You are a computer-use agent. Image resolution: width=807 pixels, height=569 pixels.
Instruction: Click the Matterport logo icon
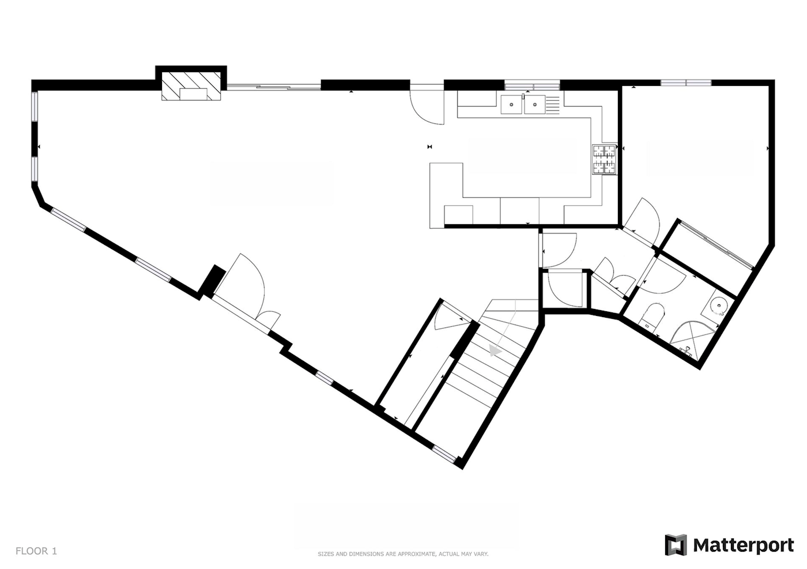coord(676,545)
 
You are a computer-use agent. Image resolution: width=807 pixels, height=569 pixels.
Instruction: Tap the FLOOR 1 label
coord(36,551)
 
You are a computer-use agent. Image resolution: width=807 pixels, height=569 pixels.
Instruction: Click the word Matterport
coord(744,545)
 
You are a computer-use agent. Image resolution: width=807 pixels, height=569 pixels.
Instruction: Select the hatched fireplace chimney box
coord(191,85)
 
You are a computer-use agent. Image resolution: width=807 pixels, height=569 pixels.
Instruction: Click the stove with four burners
coord(605,160)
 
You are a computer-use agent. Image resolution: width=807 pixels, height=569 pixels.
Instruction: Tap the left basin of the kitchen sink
coord(511,104)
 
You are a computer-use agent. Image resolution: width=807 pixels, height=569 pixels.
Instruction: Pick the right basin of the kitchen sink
coord(535,104)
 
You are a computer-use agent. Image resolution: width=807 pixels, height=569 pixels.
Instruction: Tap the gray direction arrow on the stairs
coord(495,351)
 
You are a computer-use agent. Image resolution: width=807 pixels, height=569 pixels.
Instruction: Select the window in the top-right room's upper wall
coord(686,82)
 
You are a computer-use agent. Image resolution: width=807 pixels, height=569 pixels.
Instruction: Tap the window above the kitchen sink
coord(532,86)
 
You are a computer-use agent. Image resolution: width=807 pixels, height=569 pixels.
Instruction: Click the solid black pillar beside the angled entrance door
coord(213,281)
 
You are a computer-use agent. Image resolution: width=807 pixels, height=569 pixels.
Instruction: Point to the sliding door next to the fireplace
coord(274,86)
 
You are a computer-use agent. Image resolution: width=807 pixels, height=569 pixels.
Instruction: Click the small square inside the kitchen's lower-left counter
coord(458,215)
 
